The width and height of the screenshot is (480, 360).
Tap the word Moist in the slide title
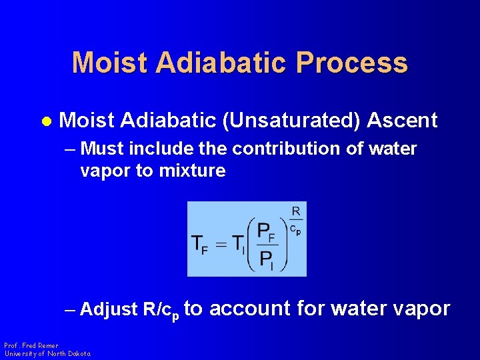point(109,63)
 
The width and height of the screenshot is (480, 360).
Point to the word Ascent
point(402,121)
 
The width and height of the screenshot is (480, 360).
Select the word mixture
point(192,171)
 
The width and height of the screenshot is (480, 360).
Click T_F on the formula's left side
point(199,244)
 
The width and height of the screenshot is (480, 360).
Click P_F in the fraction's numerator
point(267,233)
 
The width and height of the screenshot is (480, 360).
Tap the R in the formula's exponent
point(295,211)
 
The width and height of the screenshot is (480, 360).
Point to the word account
point(249,308)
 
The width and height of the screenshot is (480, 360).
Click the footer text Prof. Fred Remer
point(31,345)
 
